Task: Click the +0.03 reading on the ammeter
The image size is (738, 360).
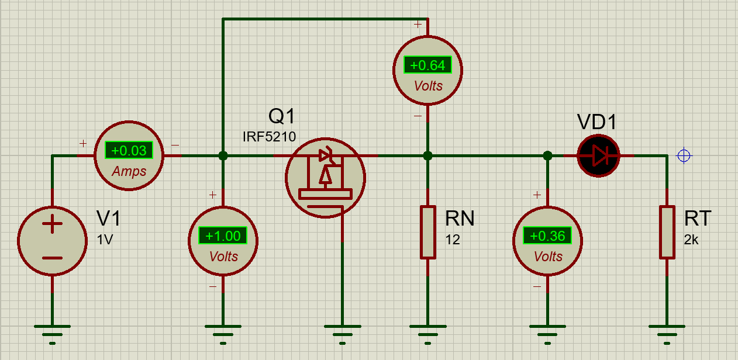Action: coord(129,150)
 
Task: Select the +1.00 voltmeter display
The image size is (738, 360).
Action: coord(223,236)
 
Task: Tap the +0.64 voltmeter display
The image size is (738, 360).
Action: coord(427,65)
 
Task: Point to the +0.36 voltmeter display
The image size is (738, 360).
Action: coord(547,236)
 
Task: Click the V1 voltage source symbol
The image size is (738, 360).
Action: coord(52,240)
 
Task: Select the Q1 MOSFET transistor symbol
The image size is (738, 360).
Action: coord(325,178)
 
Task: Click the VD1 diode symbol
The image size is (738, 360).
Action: coord(598,156)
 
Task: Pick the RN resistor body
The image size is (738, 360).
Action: coord(428,232)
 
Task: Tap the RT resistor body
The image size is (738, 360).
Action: coord(667,232)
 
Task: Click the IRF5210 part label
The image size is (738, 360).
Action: coord(269,137)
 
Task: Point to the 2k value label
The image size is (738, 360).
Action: coord(691,240)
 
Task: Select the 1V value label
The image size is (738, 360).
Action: coord(105,240)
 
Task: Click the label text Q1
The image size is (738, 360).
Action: coord(282,116)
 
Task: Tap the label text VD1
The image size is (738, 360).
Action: coord(596,122)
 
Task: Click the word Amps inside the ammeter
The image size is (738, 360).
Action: coord(129,171)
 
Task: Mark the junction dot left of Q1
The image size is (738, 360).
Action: coord(223,156)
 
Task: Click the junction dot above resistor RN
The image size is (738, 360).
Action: coord(428,156)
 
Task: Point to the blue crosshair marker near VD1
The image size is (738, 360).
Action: coord(684,156)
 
